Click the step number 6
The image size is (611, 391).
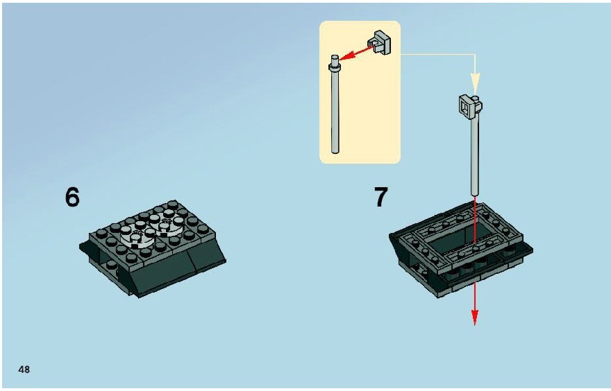72,197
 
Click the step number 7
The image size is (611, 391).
381,197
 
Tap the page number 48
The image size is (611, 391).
24,370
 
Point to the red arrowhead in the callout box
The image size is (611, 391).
346,56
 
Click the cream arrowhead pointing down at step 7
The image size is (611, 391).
475,84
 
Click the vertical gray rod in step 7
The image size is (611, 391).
475,155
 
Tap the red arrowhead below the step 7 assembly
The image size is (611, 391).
475,317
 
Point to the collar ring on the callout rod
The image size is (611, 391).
335,68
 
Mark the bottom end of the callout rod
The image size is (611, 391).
335,152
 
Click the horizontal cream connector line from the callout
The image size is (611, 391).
438,55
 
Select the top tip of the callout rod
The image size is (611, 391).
335,56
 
